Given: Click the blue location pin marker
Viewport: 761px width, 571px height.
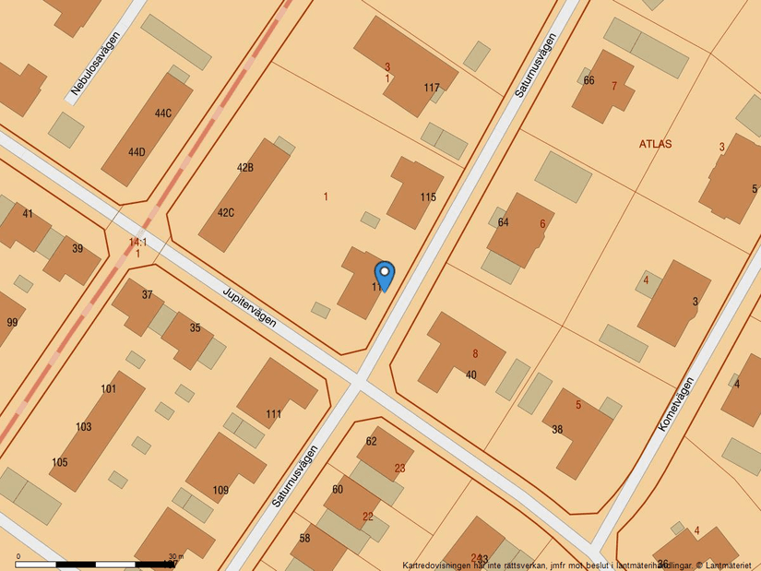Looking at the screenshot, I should pyautogui.click(x=385, y=275).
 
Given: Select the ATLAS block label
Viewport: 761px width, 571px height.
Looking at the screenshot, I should pyautogui.click(x=655, y=144).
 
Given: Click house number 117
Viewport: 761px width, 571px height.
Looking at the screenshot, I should pyautogui.click(x=432, y=88).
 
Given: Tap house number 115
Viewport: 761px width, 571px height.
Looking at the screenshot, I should pyautogui.click(x=428, y=196).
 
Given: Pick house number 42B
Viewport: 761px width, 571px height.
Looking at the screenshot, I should pyautogui.click(x=245, y=168).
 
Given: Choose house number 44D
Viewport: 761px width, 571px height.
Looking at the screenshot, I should pyautogui.click(x=137, y=152).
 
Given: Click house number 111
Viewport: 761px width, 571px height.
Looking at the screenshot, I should pyautogui.click(x=274, y=414).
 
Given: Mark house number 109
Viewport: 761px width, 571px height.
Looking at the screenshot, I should pyautogui.click(x=220, y=490).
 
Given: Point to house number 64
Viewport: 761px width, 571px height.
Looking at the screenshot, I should pyautogui.click(x=503, y=222).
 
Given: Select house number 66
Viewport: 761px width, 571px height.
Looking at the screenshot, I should pyautogui.click(x=589, y=79).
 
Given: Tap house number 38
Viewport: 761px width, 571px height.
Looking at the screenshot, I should pyautogui.click(x=557, y=429).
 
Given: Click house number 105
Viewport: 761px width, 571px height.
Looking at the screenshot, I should pyautogui.click(x=60, y=461).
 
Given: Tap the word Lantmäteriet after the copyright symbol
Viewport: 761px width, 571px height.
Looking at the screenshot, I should pyautogui.click(x=728, y=565).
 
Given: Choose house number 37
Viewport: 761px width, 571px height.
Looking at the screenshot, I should pyautogui.click(x=148, y=295).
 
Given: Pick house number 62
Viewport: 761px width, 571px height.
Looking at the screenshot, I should pyautogui.click(x=371, y=441).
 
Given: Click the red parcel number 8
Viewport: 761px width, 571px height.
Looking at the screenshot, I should pyautogui.click(x=475, y=353).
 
